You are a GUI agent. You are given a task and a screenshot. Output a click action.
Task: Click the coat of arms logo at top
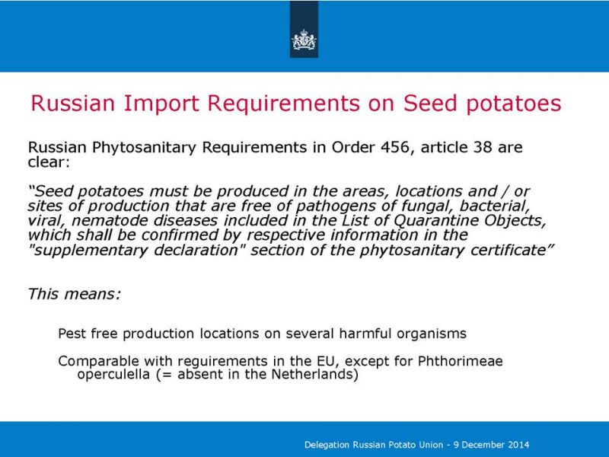pyautogui.click(x=304, y=40)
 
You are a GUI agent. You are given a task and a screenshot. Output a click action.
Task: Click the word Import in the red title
pyautogui.click(x=161, y=104)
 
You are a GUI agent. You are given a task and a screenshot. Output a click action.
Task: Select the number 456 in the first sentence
pyautogui.click(x=395, y=147)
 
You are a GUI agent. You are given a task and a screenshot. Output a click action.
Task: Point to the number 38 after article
pyautogui.click(x=483, y=147)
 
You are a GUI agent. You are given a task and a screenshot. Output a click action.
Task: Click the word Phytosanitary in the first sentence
pyautogui.click(x=144, y=148)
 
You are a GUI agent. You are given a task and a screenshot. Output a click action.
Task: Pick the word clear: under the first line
pyautogui.click(x=49, y=162)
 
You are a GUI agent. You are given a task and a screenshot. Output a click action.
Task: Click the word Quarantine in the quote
pyautogui.click(x=436, y=221)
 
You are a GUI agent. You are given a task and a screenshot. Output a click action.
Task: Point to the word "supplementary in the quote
pyautogui.click(x=88, y=251)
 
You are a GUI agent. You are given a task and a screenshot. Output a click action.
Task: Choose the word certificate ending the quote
pyautogui.click(x=512, y=251)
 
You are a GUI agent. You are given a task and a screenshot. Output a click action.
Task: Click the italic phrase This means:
pyautogui.click(x=75, y=294)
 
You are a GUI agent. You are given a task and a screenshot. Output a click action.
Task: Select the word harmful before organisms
pyautogui.click(x=365, y=334)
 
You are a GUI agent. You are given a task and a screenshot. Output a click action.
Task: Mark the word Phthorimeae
pyautogui.click(x=461, y=361)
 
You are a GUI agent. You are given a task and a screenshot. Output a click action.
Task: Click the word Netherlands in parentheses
pyautogui.click(x=314, y=374)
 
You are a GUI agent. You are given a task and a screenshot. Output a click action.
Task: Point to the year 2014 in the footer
pyautogui.click(x=519, y=445)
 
